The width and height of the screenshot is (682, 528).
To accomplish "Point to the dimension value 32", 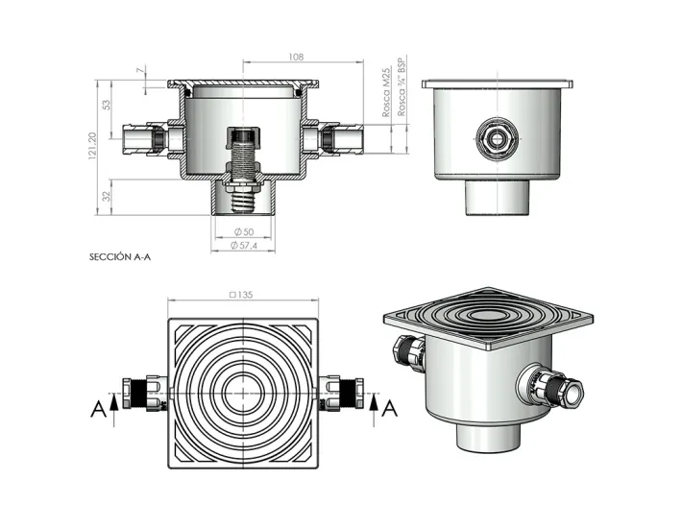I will [107, 197].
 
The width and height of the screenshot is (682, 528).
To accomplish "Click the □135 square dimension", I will [244, 295].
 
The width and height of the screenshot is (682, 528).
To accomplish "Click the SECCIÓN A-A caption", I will [121, 257].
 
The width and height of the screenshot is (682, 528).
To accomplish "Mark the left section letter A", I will [98, 409].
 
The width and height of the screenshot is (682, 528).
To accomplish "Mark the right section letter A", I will [390, 409].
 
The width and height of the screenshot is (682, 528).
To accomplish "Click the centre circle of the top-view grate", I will [244, 391].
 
